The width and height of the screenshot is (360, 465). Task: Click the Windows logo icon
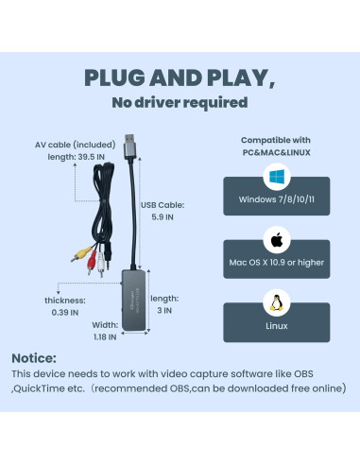click(276, 176)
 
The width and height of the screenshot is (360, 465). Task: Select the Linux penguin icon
click(276, 304)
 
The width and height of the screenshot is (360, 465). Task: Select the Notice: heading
click(35, 358)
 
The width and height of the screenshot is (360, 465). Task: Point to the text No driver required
click(180, 103)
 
